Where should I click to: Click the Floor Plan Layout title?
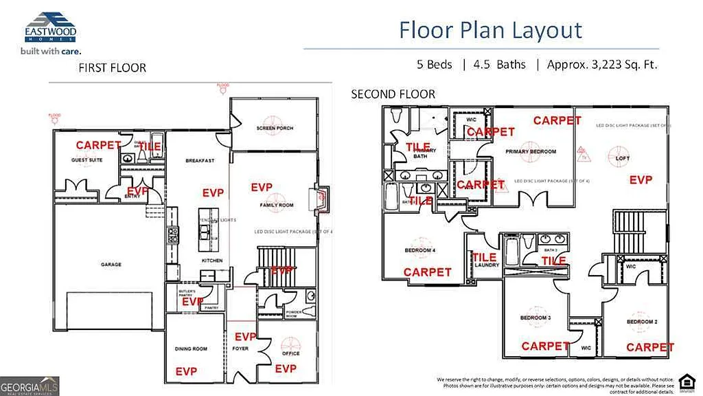tap(490, 30)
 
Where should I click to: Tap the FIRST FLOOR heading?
tap(112, 67)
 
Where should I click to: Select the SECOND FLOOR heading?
tap(393, 94)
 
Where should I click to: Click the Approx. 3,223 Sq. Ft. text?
tap(602, 65)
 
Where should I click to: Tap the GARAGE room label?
tap(111, 264)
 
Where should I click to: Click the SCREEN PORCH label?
tap(275, 129)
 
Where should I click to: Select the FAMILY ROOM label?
tap(277, 206)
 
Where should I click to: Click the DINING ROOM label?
tap(192, 349)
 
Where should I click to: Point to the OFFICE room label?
tap(291, 353)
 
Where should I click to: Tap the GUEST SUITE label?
tap(87, 160)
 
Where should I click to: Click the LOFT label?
tap(623, 158)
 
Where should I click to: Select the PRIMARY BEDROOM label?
tap(530, 151)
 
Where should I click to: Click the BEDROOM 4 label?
tap(420, 250)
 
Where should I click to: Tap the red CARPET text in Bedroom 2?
tap(649, 347)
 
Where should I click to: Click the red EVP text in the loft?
tap(641, 179)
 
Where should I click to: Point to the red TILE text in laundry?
tap(484, 257)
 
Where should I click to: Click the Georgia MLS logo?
tap(30, 385)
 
